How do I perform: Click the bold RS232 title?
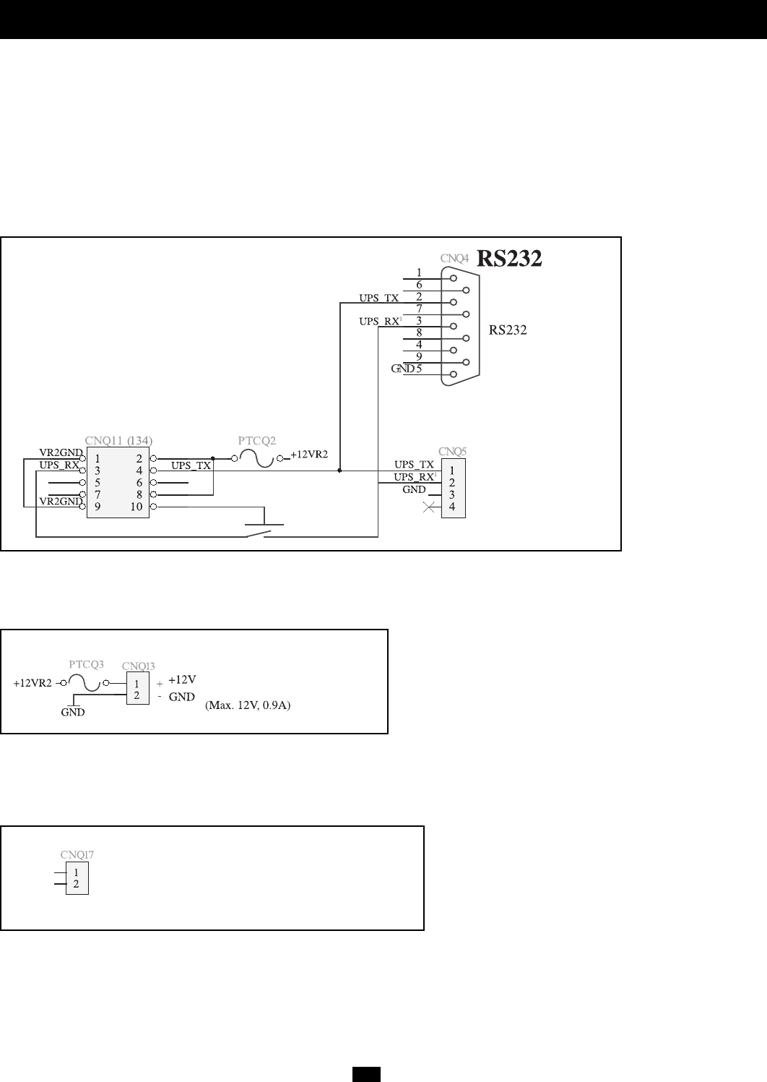click(x=510, y=259)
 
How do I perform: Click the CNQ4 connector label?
click(x=454, y=257)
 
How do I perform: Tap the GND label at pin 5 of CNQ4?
click(x=402, y=369)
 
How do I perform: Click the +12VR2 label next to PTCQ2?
click(x=309, y=455)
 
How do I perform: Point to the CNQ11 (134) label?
click(x=118, y=439)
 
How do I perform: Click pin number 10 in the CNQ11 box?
click(x=137, y=506)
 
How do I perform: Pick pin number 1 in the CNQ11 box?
click(x=97, y=458)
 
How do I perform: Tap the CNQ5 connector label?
click(x=453, y=452)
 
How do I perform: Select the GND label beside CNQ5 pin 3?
click(x=414, y=489)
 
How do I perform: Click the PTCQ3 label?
click(x=87, y=664)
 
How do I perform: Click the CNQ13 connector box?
click(x=137, y=689)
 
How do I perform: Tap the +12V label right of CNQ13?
click(x=182, y=679)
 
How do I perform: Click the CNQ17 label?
click(x=77, y=854)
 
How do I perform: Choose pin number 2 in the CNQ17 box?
click(x=77, y=883)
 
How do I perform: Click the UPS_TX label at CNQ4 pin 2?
click(x=378, y=297)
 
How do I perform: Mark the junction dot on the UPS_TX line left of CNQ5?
click(x=339, y=471)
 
